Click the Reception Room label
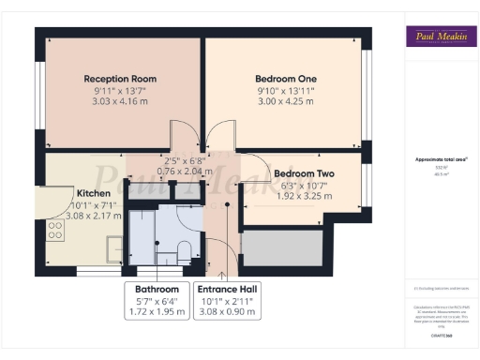[120, 78]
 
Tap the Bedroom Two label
[306, 173]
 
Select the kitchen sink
[114, 249]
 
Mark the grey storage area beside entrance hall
[282, 247]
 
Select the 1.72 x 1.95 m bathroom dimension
[157, 313]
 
